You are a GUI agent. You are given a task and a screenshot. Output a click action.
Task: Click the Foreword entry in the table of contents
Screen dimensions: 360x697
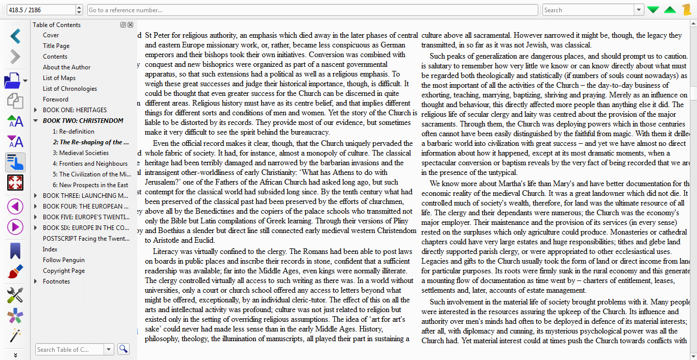point(55,99)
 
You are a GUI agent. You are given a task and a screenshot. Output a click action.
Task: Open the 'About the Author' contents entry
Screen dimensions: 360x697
point(66,67)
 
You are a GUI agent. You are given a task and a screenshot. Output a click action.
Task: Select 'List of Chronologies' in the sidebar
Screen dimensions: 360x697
point(69,89)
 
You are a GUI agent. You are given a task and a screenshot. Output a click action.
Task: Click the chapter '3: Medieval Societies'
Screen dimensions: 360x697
point(84,153)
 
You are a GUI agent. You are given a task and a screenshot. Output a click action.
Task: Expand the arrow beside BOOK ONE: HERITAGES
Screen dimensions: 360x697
point(35,110)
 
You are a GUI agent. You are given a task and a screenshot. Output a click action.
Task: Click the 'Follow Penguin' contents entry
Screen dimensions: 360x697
point(63,260)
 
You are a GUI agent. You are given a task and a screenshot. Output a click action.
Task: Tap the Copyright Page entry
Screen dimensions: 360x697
point(63,271)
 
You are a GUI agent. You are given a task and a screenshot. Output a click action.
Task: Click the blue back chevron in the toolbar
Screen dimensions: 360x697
point(15,36)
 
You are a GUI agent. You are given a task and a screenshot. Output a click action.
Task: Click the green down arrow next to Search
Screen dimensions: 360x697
point(653,10)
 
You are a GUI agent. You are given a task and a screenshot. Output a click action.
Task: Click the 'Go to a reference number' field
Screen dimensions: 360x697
point(312,10)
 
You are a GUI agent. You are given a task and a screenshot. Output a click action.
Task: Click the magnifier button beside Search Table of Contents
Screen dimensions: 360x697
point(123,349)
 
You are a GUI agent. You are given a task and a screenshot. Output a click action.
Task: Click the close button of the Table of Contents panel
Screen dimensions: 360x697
point(130,24)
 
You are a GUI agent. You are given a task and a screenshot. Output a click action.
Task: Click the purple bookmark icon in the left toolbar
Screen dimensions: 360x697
point(15,250)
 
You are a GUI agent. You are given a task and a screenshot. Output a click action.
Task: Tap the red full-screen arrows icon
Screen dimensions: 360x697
point(15,183)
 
